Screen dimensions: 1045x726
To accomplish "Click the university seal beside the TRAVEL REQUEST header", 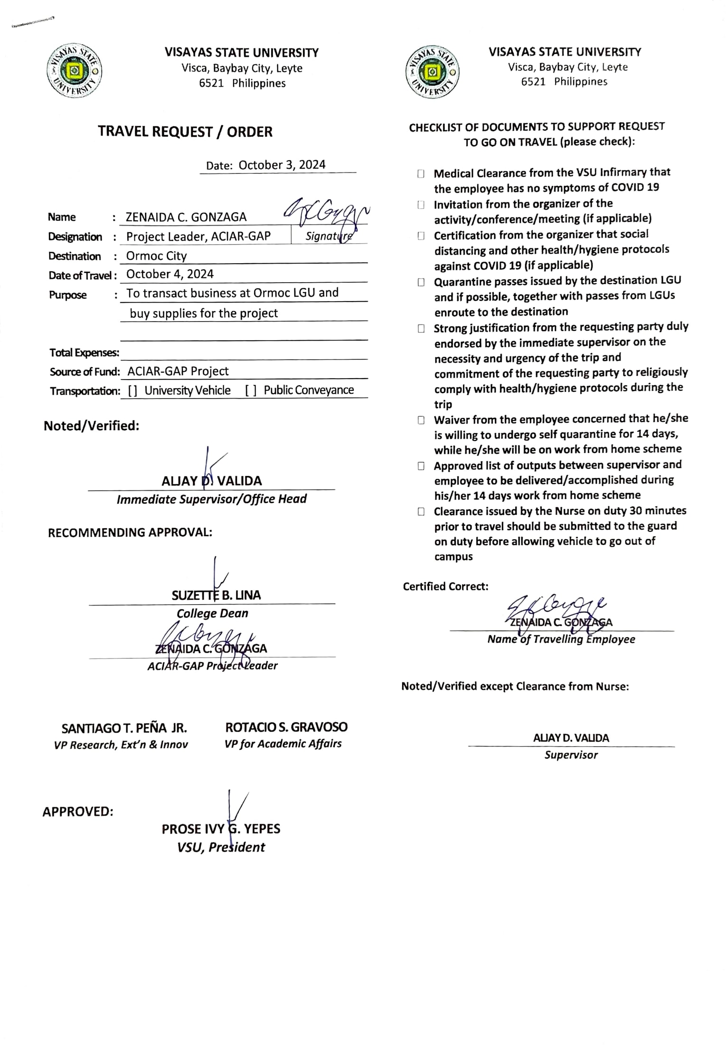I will tap(75, 71).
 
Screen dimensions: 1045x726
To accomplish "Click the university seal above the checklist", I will tap(432, 72).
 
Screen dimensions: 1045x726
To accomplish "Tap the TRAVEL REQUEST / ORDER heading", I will tap(185, 132).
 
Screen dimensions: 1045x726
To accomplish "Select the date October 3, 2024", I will tap(282, 165).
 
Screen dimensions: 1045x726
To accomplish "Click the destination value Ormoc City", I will tap(156, 256).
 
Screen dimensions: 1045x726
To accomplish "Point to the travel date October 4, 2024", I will tap(170, 274).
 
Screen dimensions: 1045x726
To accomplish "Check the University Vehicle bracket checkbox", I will tap(132, 390).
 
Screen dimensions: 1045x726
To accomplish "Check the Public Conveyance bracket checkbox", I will tap(251, 390).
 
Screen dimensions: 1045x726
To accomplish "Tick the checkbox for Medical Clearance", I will tap(421, 174).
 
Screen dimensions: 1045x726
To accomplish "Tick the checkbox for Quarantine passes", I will tap(421, 282).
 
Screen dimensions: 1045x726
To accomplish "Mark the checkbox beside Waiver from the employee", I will tap(421, 420).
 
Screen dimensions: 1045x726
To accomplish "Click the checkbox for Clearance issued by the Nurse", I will tap(421, 512).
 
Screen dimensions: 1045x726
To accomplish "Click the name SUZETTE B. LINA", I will tap(216, 595).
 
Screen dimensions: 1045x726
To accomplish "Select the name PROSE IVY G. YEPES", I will tap(221, 829).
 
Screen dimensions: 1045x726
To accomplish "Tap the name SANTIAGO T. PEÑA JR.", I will tap(124, 728).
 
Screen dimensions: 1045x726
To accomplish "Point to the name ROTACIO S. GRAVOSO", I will tap(286, 727).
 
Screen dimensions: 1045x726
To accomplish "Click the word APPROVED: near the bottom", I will tap(78, 812).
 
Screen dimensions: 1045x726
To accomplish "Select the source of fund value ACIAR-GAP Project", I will tap(178, 371).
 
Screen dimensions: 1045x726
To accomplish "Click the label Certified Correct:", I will tap(445, 587).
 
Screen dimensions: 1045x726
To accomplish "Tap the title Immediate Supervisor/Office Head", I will tap(211, 499).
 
